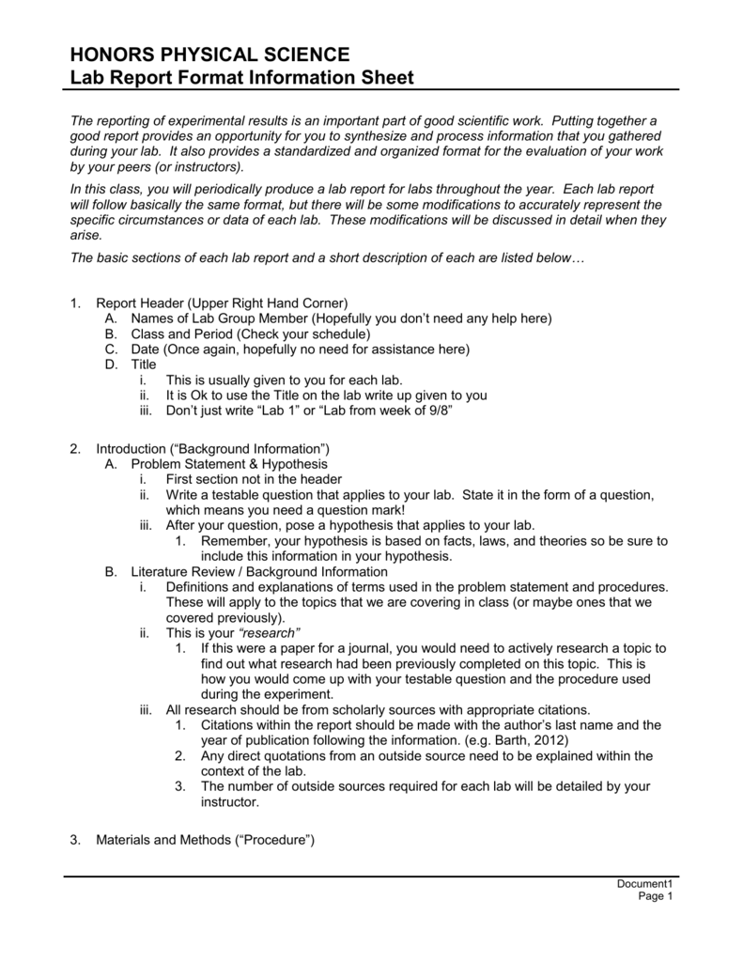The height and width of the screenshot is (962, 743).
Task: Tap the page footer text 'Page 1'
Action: click(657, 897)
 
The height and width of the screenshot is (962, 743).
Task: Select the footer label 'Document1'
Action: click(645, 885)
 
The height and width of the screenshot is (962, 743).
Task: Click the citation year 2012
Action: click(547, 739)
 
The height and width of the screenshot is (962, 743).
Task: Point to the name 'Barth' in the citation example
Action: click(505, 739)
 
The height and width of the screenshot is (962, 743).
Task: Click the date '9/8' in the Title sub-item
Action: click(436, 410)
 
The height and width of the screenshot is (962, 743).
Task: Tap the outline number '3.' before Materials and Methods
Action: click(76, 839)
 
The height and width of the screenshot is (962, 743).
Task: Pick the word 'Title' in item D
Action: click(144, 365)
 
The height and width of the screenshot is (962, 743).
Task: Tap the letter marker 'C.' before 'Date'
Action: click(111, 349)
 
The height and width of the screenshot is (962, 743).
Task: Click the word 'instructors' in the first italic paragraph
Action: click(203, 166)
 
